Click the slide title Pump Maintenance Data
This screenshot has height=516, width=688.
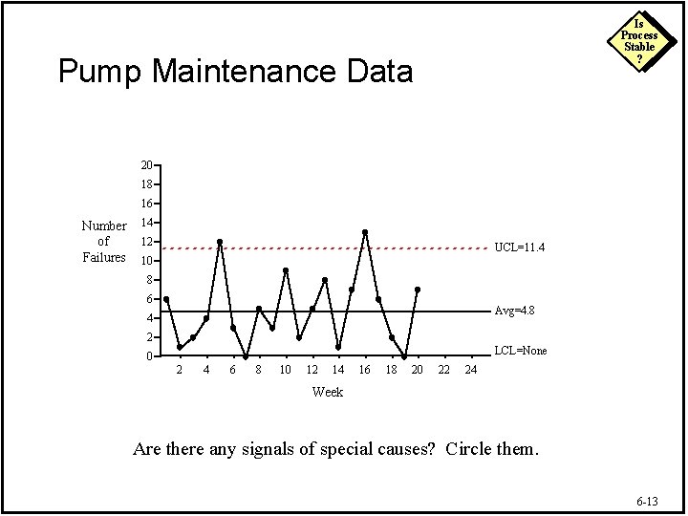[235, 71]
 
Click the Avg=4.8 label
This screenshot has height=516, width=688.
[516, 311]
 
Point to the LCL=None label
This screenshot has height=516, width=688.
[521, 351]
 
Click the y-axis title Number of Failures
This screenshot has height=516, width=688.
[103, 241]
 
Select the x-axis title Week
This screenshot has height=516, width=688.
[328, 392]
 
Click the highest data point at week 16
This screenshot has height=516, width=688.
[365, 232]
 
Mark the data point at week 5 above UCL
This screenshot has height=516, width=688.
[220, 242]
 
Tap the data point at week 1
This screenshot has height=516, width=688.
[166, 299]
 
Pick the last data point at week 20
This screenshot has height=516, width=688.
[418, 290]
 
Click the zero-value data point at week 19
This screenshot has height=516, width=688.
[404, 356]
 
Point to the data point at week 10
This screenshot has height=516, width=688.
[286, 270]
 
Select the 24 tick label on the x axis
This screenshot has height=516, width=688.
[470, 370]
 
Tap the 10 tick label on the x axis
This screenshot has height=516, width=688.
[286, 370]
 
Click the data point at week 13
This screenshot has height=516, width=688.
[325, 280]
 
